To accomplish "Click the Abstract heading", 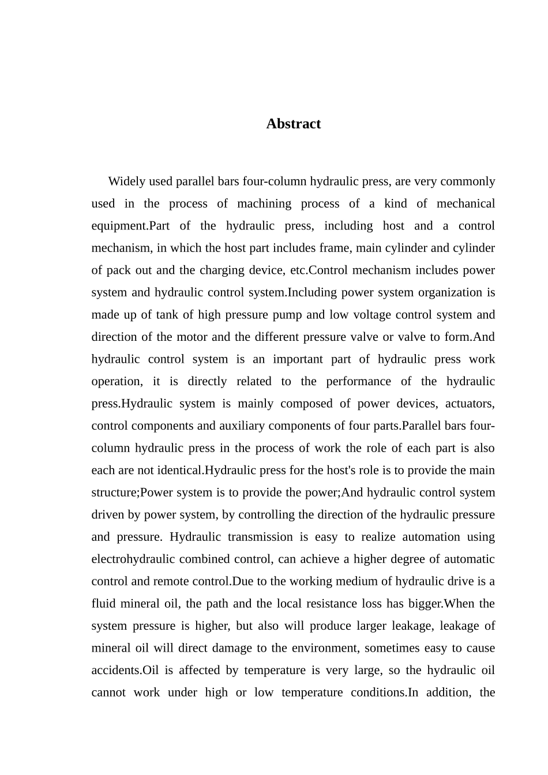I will tap(293, 123).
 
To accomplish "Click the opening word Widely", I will tap(126, 182).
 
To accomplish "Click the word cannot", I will tap(108, 693).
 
